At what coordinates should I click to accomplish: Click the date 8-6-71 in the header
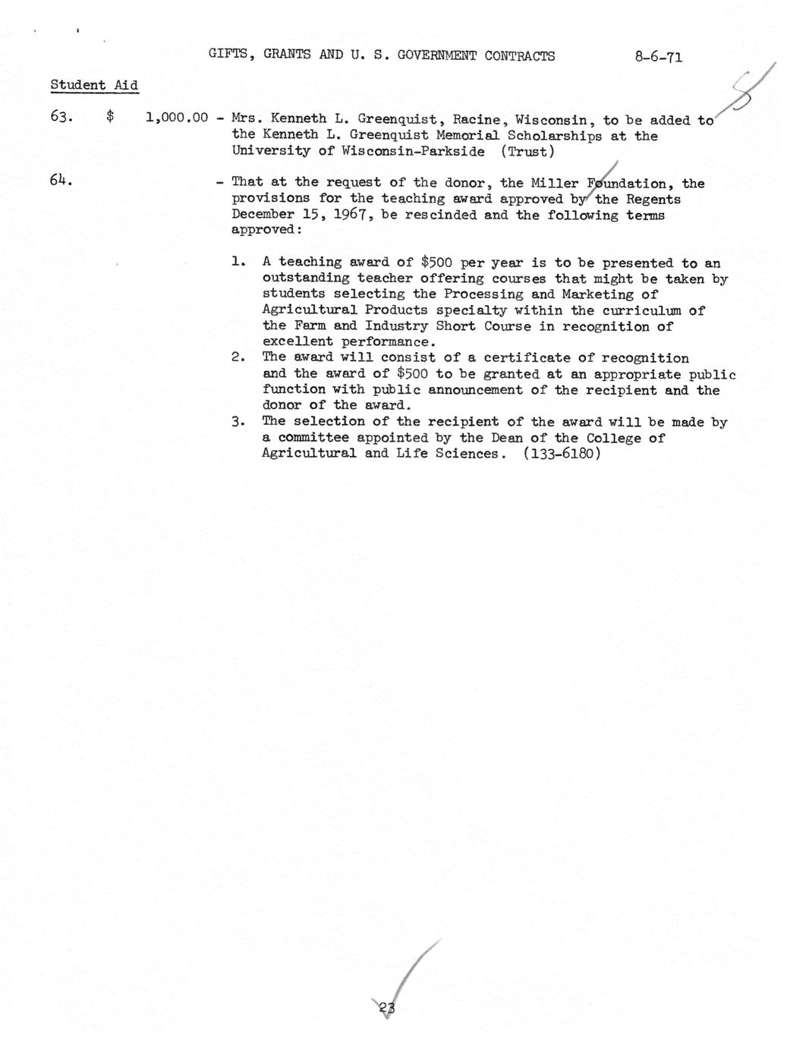(x=659, y=56)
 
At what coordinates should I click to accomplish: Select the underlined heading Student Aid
(x=94, y=85)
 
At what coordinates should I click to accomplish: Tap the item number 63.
(x=61, y=118)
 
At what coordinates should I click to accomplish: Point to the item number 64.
(x=61, y=181)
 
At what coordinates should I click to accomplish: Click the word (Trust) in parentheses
(x=527, y=151)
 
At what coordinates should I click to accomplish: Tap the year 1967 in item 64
(x=353, y=215)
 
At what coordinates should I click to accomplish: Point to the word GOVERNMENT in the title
(x=438, y=56)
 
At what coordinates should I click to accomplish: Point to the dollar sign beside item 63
(x=111, y=118)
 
